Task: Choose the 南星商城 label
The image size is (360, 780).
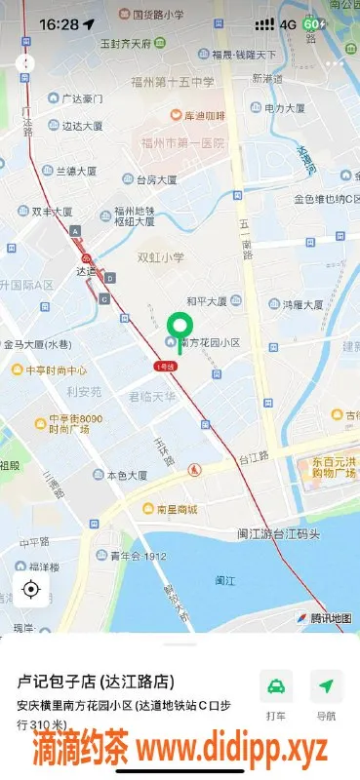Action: point(171,509)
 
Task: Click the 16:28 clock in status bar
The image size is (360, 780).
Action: point(59,23)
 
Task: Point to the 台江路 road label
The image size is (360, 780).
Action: point(255,457)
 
